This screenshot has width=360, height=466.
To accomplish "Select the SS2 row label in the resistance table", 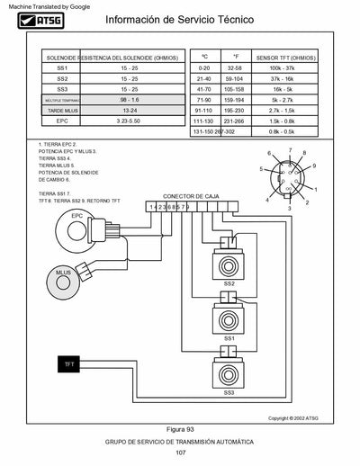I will click(x=62, y=78).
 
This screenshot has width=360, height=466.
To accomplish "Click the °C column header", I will click(x=204, y=56).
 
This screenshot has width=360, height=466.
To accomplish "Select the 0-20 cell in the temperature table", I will click(x=204, y=67).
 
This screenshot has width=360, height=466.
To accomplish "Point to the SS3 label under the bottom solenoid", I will click(x=229, y=393).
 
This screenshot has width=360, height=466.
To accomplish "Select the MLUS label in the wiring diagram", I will click(x=63, y=272).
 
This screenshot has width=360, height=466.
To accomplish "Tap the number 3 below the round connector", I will click(x=289, y=208).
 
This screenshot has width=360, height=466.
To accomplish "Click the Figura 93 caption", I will click(x=180, y=429).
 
